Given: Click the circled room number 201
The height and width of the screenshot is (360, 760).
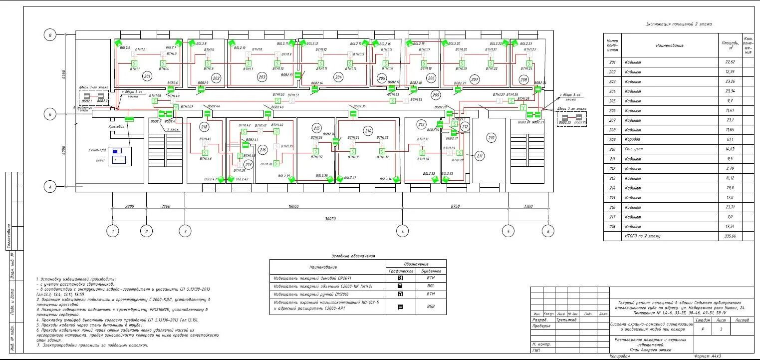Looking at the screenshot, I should (x=147, y=76).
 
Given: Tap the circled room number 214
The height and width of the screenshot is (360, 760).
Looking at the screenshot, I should (x=368, y=131).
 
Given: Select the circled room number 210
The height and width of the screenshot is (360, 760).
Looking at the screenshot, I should (x=492, y=137).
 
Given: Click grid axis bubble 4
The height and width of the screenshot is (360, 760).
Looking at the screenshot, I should (x=402, y=231).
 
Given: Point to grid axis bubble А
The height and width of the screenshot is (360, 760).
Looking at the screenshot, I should (x=49, y=188).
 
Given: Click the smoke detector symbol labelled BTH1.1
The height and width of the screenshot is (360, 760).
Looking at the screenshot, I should (x=134, y=63).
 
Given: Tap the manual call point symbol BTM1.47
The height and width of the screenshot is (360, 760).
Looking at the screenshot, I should (x=176, y=107).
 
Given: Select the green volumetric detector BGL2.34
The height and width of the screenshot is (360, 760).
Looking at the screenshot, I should (x=397, y=179).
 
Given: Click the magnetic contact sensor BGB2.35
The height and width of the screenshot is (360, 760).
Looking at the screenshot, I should (x=353, y=113).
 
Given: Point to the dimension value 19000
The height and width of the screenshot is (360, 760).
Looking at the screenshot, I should (x=293, y=206).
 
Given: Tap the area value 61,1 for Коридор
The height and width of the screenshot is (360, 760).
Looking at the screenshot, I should (x=730, y=139).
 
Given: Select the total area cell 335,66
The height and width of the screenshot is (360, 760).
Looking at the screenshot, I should (x=730, y=236).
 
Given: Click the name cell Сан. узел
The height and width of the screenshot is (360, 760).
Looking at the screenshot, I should (x=634, y=149).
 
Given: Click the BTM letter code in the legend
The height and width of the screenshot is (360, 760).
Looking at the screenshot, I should (x=431, y=294).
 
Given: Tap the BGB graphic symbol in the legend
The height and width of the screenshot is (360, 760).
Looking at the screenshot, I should (x=400, y=307).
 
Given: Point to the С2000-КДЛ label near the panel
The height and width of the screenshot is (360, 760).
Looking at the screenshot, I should (x=98, y=149).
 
